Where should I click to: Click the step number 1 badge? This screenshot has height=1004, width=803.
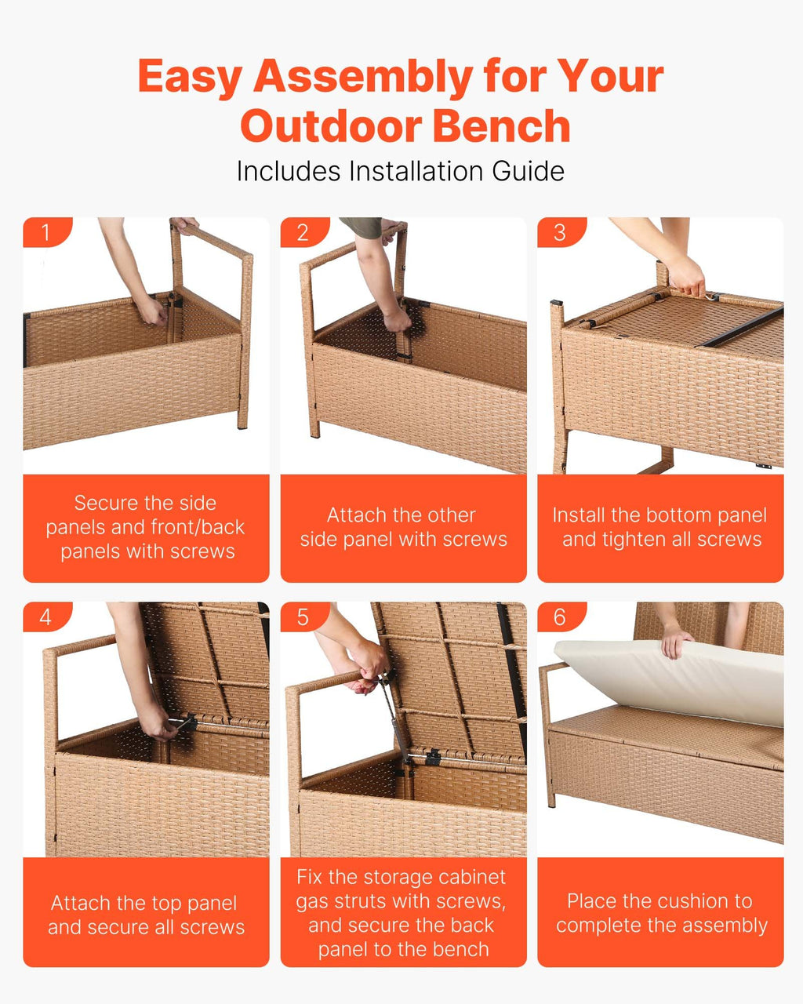47,232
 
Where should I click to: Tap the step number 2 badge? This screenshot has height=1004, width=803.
303,232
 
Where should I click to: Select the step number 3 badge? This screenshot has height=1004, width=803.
561,232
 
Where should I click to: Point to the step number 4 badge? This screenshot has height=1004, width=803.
47,617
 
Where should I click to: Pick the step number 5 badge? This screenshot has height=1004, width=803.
303,617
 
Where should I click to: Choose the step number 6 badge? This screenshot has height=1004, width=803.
561,617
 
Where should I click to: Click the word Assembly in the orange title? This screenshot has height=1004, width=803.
364,78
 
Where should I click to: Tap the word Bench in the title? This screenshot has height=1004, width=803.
502,126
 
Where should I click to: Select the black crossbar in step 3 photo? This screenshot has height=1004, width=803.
739,327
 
